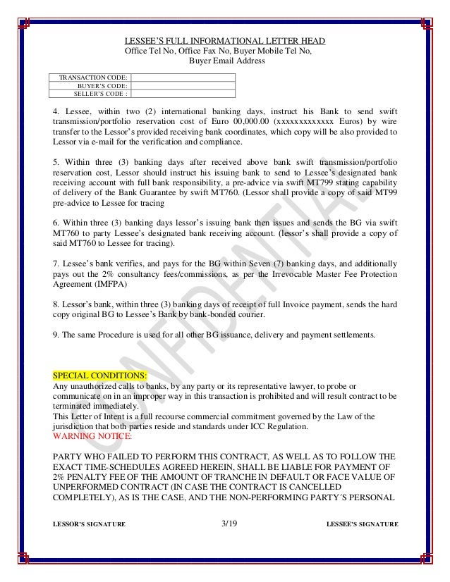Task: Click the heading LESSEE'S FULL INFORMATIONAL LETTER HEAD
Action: click(x=224, y=41)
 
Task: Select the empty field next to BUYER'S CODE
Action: click(x=183, y=85)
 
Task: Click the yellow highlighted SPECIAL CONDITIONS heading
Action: click(x=100, y=374)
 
